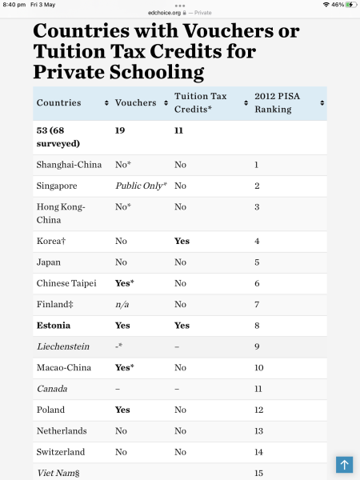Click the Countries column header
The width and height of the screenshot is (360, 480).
[58, 102]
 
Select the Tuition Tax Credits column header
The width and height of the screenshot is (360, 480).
[200, 102]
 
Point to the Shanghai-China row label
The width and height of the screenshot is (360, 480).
[69, 165]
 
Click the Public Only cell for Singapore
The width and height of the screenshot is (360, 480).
[141, 186]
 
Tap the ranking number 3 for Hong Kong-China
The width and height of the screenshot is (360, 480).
[257, 206]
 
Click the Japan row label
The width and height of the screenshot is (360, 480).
[49, 262]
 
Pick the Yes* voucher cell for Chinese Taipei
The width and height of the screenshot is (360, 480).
[124, 283]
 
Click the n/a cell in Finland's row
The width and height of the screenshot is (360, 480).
[122, 304]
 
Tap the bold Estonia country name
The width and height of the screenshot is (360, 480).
[54, 326]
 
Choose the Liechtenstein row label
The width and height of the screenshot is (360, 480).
[63, 346]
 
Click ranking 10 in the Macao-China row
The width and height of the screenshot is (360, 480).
[258, 367]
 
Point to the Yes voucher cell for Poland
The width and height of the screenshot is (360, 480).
[122, 410]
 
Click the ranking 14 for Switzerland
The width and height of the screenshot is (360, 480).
[258, 451]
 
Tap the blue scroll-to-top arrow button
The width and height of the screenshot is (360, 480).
[344, 464]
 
